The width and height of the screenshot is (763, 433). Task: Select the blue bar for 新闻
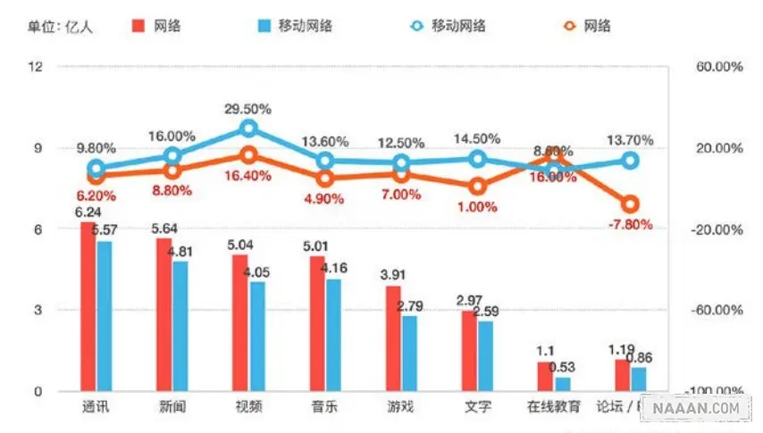(181, 326)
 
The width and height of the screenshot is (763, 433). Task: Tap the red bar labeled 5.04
(240, 322)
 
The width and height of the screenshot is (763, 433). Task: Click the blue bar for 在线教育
(563, 384)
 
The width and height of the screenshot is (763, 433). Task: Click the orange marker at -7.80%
(631, 204)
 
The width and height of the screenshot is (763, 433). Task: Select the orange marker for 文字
(478, 187)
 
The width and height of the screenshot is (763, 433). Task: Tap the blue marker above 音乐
(325, 161)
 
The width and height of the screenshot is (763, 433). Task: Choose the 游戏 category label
(401, 407)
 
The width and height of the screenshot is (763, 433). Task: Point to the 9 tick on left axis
(37, 148)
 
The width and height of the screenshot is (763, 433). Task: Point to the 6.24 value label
(87, 212)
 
